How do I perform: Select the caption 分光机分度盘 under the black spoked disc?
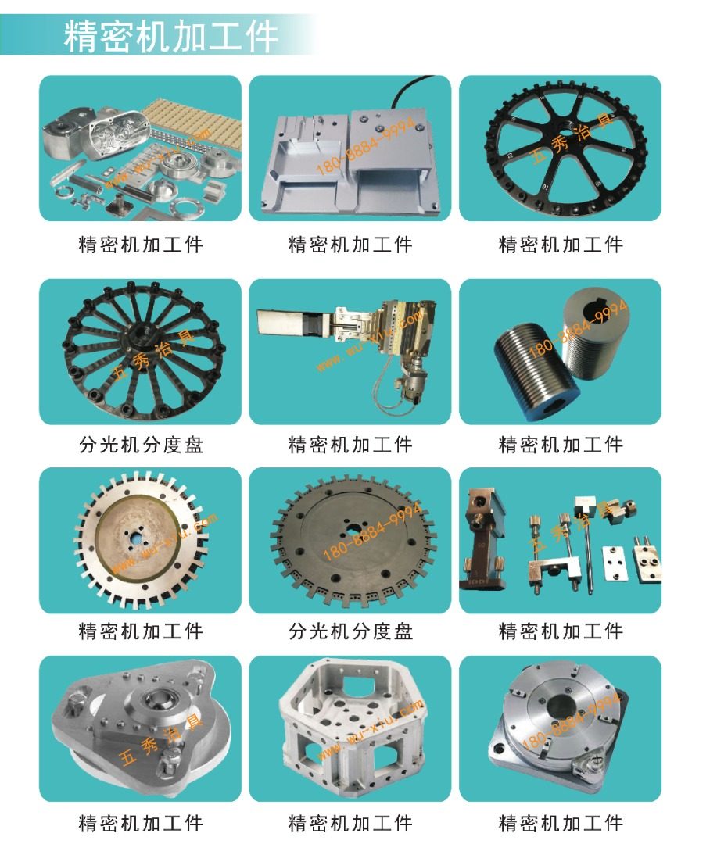point(141,445)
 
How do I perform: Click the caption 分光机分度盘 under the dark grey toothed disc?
point(351,631)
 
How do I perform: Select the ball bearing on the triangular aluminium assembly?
point(156,700)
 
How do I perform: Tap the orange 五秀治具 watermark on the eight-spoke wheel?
point(572,139)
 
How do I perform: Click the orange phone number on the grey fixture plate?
point(365,146)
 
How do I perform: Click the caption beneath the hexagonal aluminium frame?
point(351,823)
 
